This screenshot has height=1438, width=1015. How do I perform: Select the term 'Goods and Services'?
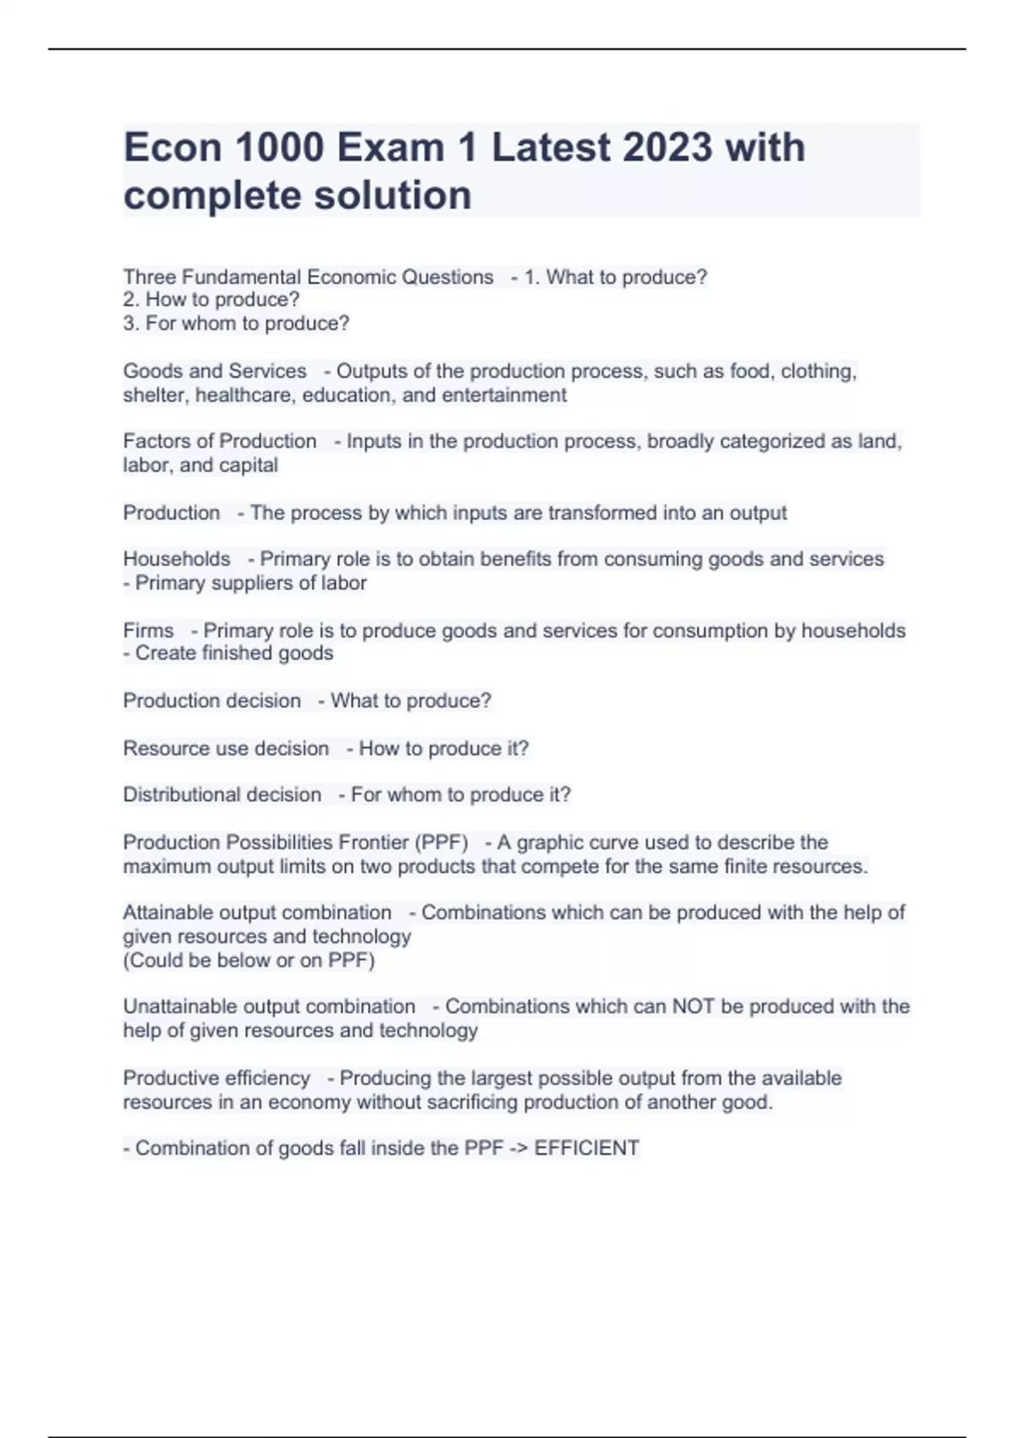point(215,371)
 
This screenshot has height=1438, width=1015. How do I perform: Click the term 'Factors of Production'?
point(220,442)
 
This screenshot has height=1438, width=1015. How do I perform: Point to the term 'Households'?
point(177,559)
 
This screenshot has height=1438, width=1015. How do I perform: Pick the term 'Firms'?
point(148,631)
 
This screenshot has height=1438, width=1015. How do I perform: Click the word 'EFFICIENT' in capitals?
point(586,1148)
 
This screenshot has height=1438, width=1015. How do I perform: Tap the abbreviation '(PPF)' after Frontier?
point(441,842)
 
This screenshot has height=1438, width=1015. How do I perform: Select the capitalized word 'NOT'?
point(694,1007)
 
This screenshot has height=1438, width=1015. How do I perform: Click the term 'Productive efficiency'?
point(217,1078)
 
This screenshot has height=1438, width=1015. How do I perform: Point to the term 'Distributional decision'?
point(222,795)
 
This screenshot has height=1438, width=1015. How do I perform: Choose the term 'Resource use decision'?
point(226,749)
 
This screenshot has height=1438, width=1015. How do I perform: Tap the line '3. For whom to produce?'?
point(236,323)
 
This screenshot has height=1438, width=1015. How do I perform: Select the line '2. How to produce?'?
point(211,299)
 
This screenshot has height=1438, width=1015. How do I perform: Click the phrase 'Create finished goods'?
point(234,653)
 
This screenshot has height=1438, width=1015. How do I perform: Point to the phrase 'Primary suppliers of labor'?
point(250,583)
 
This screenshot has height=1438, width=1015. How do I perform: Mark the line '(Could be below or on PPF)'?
point(249,960)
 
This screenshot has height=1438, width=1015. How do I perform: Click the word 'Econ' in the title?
point(172,147)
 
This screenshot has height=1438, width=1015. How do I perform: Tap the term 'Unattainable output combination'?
point(269,1007)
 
